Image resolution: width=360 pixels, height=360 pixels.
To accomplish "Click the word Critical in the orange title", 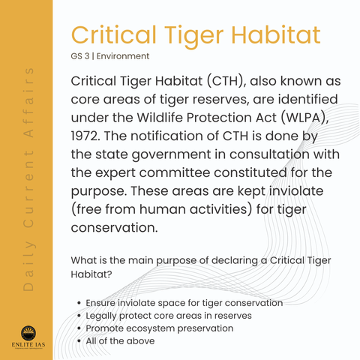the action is (114, 34).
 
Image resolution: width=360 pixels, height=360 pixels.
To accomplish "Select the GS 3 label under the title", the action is (80, 56).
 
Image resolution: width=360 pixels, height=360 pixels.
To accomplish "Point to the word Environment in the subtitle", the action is (123, 56).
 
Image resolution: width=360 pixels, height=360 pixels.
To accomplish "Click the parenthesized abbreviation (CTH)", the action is (226, 81).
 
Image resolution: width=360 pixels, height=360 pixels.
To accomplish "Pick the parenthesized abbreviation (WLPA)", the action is (304, 118).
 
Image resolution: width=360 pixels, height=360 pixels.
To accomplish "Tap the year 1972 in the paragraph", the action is (85, 136).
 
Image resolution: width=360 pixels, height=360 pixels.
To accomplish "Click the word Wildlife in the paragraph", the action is (160, 118).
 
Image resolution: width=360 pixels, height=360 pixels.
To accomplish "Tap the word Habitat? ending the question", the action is (91, 274).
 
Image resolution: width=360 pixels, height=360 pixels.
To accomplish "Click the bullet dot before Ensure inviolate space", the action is (79, 303).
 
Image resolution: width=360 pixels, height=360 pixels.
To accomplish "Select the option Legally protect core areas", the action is (169, 316).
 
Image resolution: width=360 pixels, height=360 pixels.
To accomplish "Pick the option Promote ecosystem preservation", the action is (160, 328).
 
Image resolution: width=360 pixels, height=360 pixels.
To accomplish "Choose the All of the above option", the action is (120, 341).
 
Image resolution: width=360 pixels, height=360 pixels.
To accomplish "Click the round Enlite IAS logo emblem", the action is (28, 333).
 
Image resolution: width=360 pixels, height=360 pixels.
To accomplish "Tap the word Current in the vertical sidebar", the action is (28, 190).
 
